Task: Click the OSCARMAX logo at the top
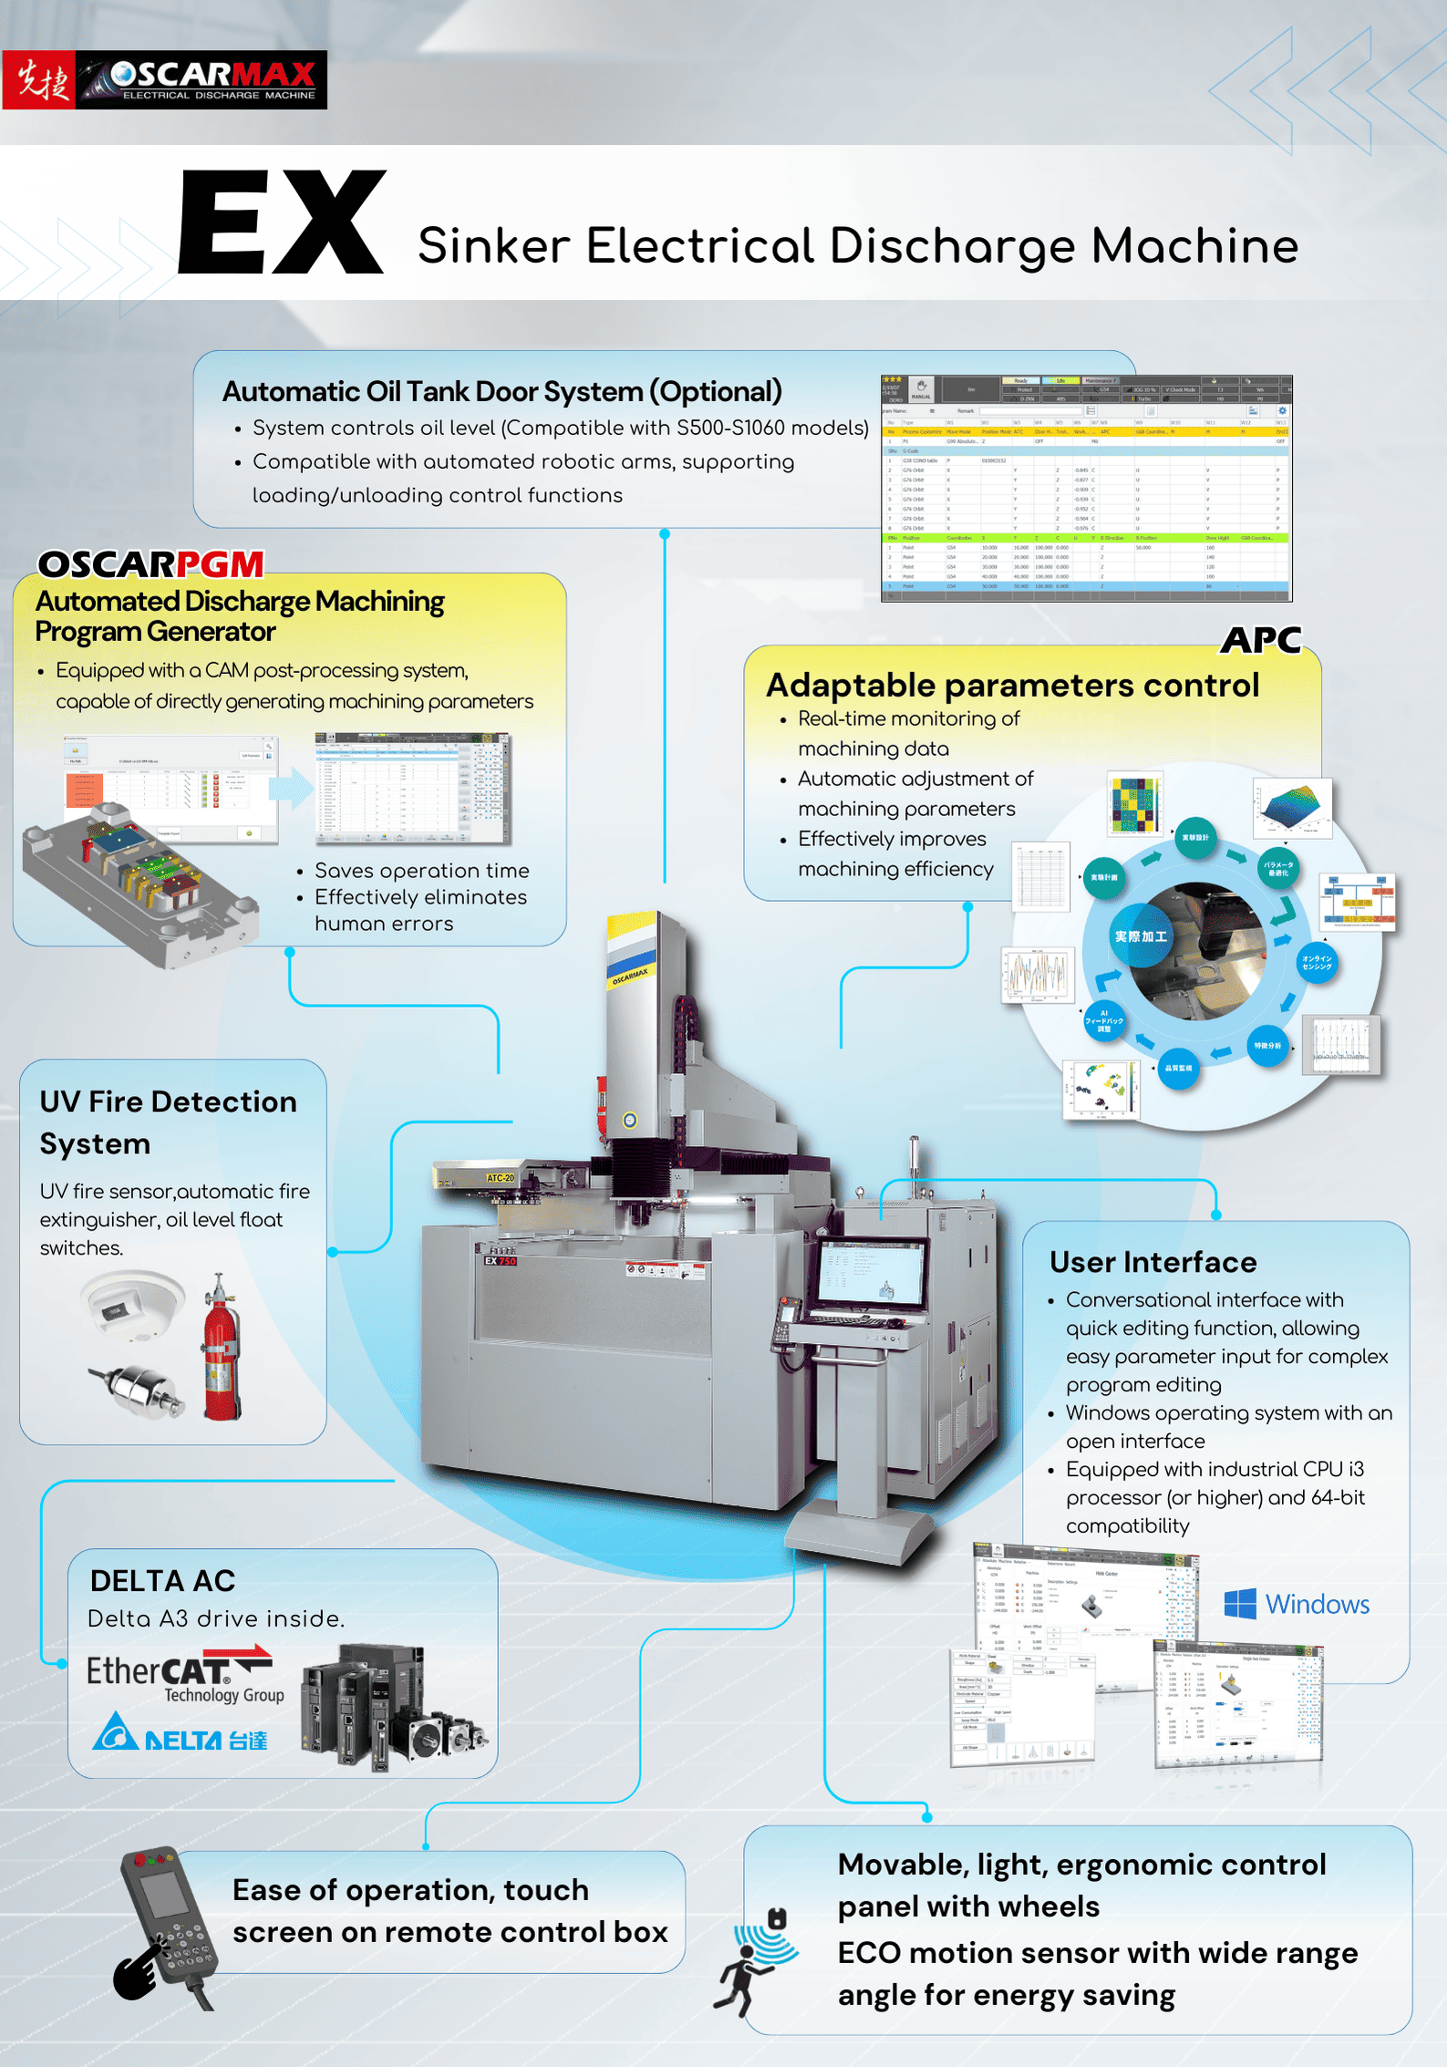(164, 80)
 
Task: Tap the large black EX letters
(281, 223)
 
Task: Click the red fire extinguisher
(221, 1349)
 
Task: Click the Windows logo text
(1297, 1605)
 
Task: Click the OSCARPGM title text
(150, 564)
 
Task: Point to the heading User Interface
(1152, 1262)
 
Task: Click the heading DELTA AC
(162, 1580)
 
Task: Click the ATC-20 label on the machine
(500, 1178)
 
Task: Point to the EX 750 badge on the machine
(501, 1261)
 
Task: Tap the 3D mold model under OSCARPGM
(137, 880)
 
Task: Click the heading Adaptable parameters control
(1012, 685)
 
